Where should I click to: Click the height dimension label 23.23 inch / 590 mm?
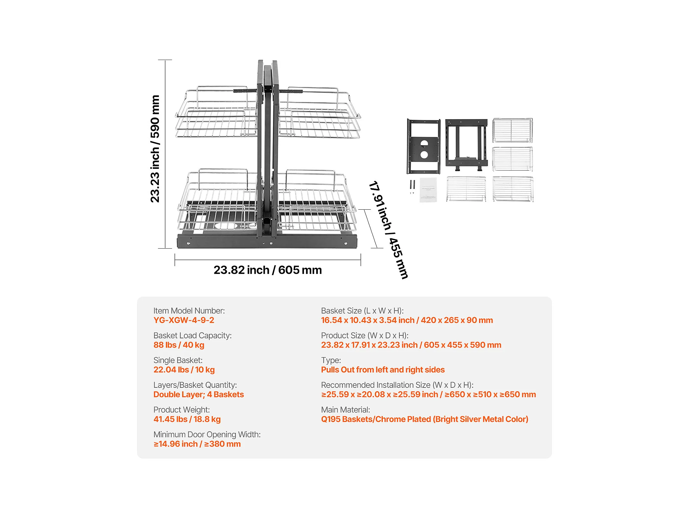[x=155, y=149]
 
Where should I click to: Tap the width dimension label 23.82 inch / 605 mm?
[x=268, y=270]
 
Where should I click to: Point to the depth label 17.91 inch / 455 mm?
[x=388, y=230]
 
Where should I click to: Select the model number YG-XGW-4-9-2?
[x=184, y=320]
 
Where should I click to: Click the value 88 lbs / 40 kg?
[x=179, y=345]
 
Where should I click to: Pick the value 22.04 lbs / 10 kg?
[x=184, y=370]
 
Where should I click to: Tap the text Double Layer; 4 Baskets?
[x=198, y=394]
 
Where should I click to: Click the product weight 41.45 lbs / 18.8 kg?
[x=187, y=419]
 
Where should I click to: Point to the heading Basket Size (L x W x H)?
[x=362, y=311]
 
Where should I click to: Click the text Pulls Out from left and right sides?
[x=383, y=370]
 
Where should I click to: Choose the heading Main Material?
[x=345, y=410]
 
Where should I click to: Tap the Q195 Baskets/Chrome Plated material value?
[x=425, y=419]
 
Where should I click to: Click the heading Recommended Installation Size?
[x=397, y=385]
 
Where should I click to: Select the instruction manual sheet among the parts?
[x=428, y=190]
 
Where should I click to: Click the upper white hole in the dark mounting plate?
[x=424, y=143]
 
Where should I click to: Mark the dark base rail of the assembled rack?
[x=267, y=242]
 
